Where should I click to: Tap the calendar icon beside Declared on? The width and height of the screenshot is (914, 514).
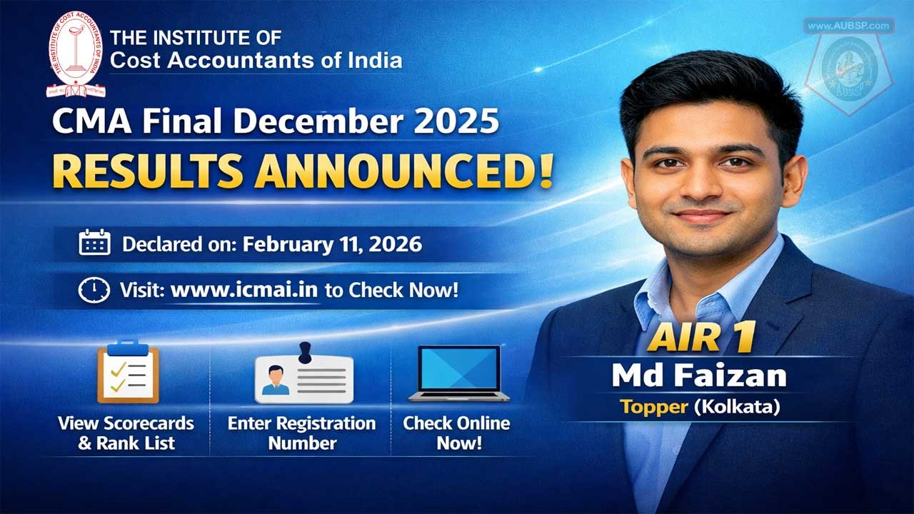tap(94, 244)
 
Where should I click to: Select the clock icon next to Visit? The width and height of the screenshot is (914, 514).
tap(94, 291)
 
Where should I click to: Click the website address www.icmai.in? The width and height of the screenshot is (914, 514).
tap(244, 291)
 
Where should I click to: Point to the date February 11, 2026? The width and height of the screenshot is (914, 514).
tap(332, 245)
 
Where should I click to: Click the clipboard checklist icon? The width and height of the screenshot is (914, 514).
tap(127, 372)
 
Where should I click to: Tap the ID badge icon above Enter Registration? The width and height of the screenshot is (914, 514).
tap(304, 375)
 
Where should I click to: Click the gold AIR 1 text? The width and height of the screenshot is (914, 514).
tap(700, 339)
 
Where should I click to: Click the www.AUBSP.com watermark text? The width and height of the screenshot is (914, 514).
tap(849, 26)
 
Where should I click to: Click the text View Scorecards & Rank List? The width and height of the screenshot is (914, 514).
tap(126, 433)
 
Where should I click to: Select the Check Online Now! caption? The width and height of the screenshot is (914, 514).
tap(456, 433)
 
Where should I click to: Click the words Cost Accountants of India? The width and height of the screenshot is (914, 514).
tap(256, 60)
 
